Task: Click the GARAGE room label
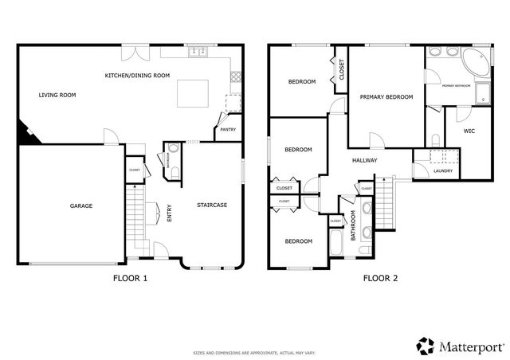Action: [x=80, y=205]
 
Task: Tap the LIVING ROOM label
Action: [x=57, y=95]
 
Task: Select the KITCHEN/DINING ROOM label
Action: [x=138, y=76]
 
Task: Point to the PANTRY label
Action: [x=227, y=129]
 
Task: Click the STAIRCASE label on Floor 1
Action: [x=212, y=205]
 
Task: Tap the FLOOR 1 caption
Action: [x=131, y=279]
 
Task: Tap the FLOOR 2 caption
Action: [x=380, y=279]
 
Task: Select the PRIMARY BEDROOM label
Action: [x=386, y=97]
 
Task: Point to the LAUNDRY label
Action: [x=444, y=171]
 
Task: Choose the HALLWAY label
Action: [x=364, y=160]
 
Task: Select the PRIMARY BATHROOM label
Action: [x=457, y=84]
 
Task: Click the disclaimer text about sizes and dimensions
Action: [x=254, y=352]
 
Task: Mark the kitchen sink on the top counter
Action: [x=196, y=53]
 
